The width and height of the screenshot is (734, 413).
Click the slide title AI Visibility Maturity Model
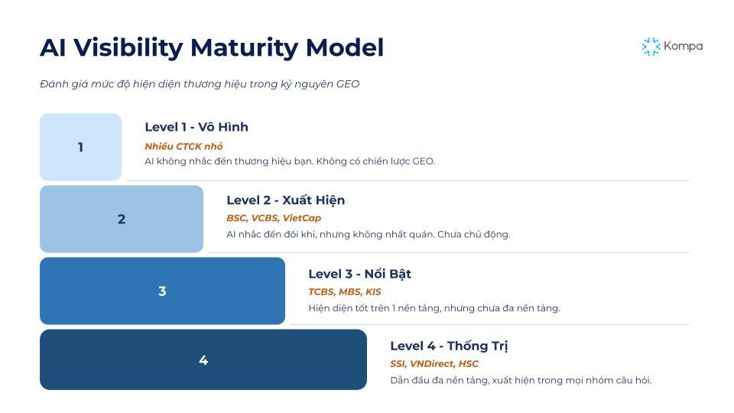coord(212,47)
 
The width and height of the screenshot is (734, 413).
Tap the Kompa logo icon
coord(651,47)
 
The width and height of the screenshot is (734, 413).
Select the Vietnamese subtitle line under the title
coord(200,84)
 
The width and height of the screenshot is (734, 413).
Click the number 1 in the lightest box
coord(80,148)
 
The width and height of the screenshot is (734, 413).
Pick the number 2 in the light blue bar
coord(122,220)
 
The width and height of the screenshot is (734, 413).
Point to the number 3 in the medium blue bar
coord(162,291)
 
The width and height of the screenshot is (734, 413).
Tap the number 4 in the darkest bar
coord(203,360)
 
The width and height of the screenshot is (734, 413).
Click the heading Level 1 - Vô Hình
coord(196,127)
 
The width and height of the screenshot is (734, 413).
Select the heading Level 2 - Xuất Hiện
coord(285,200)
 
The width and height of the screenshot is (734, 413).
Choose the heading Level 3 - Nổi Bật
coord(359,274)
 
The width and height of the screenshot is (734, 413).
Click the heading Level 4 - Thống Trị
coord(449,346)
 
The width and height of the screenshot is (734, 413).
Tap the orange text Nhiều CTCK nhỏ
coord(183,146)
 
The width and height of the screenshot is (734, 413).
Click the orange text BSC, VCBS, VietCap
coord(274,218)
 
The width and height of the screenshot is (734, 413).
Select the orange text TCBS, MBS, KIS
coord(344,291)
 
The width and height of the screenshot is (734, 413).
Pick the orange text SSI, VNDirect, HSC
coord(434,363)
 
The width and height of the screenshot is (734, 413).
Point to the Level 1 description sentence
coord(290,161)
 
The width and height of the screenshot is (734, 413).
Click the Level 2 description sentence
coord(368,234)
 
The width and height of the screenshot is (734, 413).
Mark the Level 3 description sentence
coord(434,308)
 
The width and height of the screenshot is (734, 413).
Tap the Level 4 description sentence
coord(521,380)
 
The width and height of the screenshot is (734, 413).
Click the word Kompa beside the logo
coord(683,46)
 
